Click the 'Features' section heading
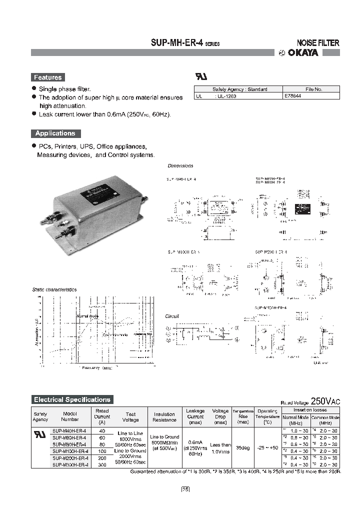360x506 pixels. click(47, 77)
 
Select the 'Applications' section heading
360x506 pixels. click(55, 133)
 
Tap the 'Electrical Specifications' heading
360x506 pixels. click(72, 399)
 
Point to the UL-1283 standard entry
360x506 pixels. click(226, 96)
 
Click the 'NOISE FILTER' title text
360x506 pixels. click(318, 43)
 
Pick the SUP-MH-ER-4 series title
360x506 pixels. click(184, 43)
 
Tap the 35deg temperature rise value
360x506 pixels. click(243, 447)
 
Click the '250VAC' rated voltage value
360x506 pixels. click(325, 401)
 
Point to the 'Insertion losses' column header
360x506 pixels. click(310, 409)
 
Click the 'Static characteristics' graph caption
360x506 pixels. click(54, 289)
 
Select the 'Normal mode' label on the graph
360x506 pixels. click(87, 316)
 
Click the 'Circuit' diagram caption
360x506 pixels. click(172, 316)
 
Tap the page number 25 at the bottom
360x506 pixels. click(185, 489)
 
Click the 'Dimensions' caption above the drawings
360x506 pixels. click(180, 165)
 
